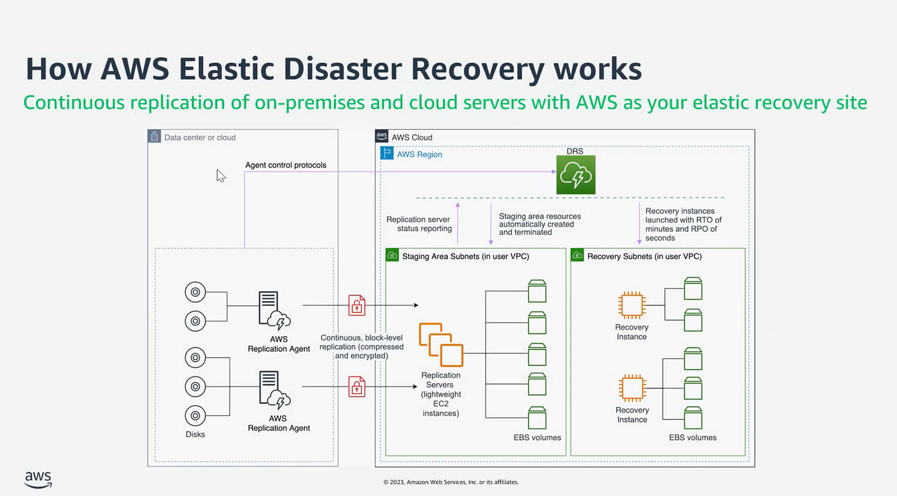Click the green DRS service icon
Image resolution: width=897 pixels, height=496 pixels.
pyautogui.click(x=575, y=175)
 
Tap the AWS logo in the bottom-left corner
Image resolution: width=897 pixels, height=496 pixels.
pyautogui.click(x=38, y=479)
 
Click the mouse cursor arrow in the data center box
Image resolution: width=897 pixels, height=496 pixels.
pyautogui.click(x=220, y=176)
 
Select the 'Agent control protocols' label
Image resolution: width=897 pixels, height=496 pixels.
pyautogui.click(x=286, y=165)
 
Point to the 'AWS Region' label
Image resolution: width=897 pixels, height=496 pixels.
pyautogui.click(x=419, y=154)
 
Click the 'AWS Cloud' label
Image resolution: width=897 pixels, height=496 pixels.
pyautogui.click(x=413, y=137)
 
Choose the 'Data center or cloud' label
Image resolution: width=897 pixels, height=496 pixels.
pyautogui.click(x=200, y=137)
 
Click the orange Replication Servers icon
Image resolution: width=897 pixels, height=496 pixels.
pyautogui.click(x=441, y=345)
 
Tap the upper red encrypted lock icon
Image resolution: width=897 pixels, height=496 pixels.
pyautogui.click(x=357, y=305)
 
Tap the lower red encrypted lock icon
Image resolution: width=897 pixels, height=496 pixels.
pyautogui.click(x=357, y=387)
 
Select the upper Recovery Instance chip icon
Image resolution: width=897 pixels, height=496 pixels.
pyautogui.click(x=631, y=305)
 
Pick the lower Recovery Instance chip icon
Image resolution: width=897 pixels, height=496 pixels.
pyautogui.click(x=631, y=388)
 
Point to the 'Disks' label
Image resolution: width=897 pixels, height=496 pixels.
pyautogui.click(x=195, y=434)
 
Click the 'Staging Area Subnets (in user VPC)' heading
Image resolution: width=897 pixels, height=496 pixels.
pyautogui.click(x=465, y=256)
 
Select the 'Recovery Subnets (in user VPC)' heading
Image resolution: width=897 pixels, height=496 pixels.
pyautogui.click(x=644, y=256)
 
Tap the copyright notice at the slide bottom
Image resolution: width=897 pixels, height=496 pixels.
pyautogui.click(x=450, y=482)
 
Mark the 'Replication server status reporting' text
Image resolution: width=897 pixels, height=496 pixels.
pyautogui.click(x=419, y=224)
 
